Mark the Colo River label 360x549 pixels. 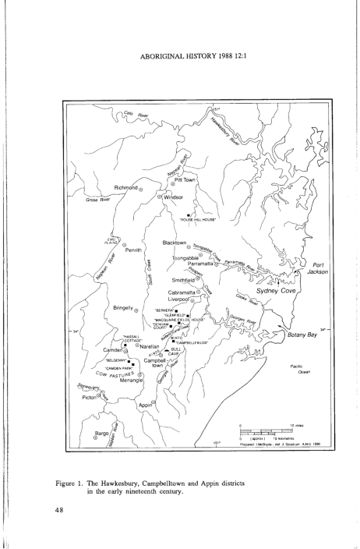136,114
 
